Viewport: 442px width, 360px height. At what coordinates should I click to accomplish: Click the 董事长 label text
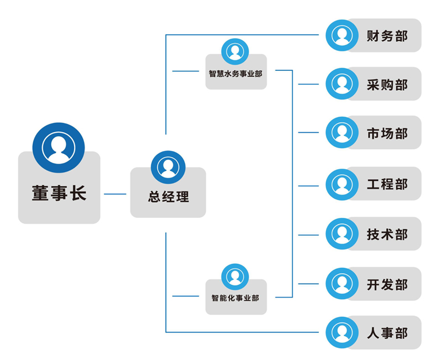(59, 195)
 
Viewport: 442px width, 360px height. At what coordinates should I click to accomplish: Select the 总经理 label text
(168, 197)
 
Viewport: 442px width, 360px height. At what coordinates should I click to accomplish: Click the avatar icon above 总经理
(168, 167)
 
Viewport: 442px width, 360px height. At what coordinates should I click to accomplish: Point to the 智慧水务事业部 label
(236, 74)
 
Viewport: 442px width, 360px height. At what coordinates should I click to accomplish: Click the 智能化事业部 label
(235, 298)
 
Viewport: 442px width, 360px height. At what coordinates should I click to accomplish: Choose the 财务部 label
(387, 36)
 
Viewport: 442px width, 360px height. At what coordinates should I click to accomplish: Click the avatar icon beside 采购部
(342, 84)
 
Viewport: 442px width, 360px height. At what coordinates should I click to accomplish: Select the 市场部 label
(387, 133)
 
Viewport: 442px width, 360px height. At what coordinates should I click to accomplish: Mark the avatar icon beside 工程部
(342, 184)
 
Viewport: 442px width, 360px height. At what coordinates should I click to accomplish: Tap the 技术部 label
(387, 234)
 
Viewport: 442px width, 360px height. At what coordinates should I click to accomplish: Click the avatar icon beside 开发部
(342, 284)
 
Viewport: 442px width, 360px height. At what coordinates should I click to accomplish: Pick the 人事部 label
(387, 333)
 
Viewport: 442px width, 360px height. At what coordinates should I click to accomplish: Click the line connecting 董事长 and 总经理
(115, 194)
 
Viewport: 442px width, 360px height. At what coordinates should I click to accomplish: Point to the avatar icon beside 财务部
(342, 35)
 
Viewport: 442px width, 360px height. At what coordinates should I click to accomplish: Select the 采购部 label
(387, 85)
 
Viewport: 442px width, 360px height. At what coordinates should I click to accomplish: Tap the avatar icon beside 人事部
(342, 332)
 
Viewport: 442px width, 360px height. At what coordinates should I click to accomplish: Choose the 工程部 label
(387, 184)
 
